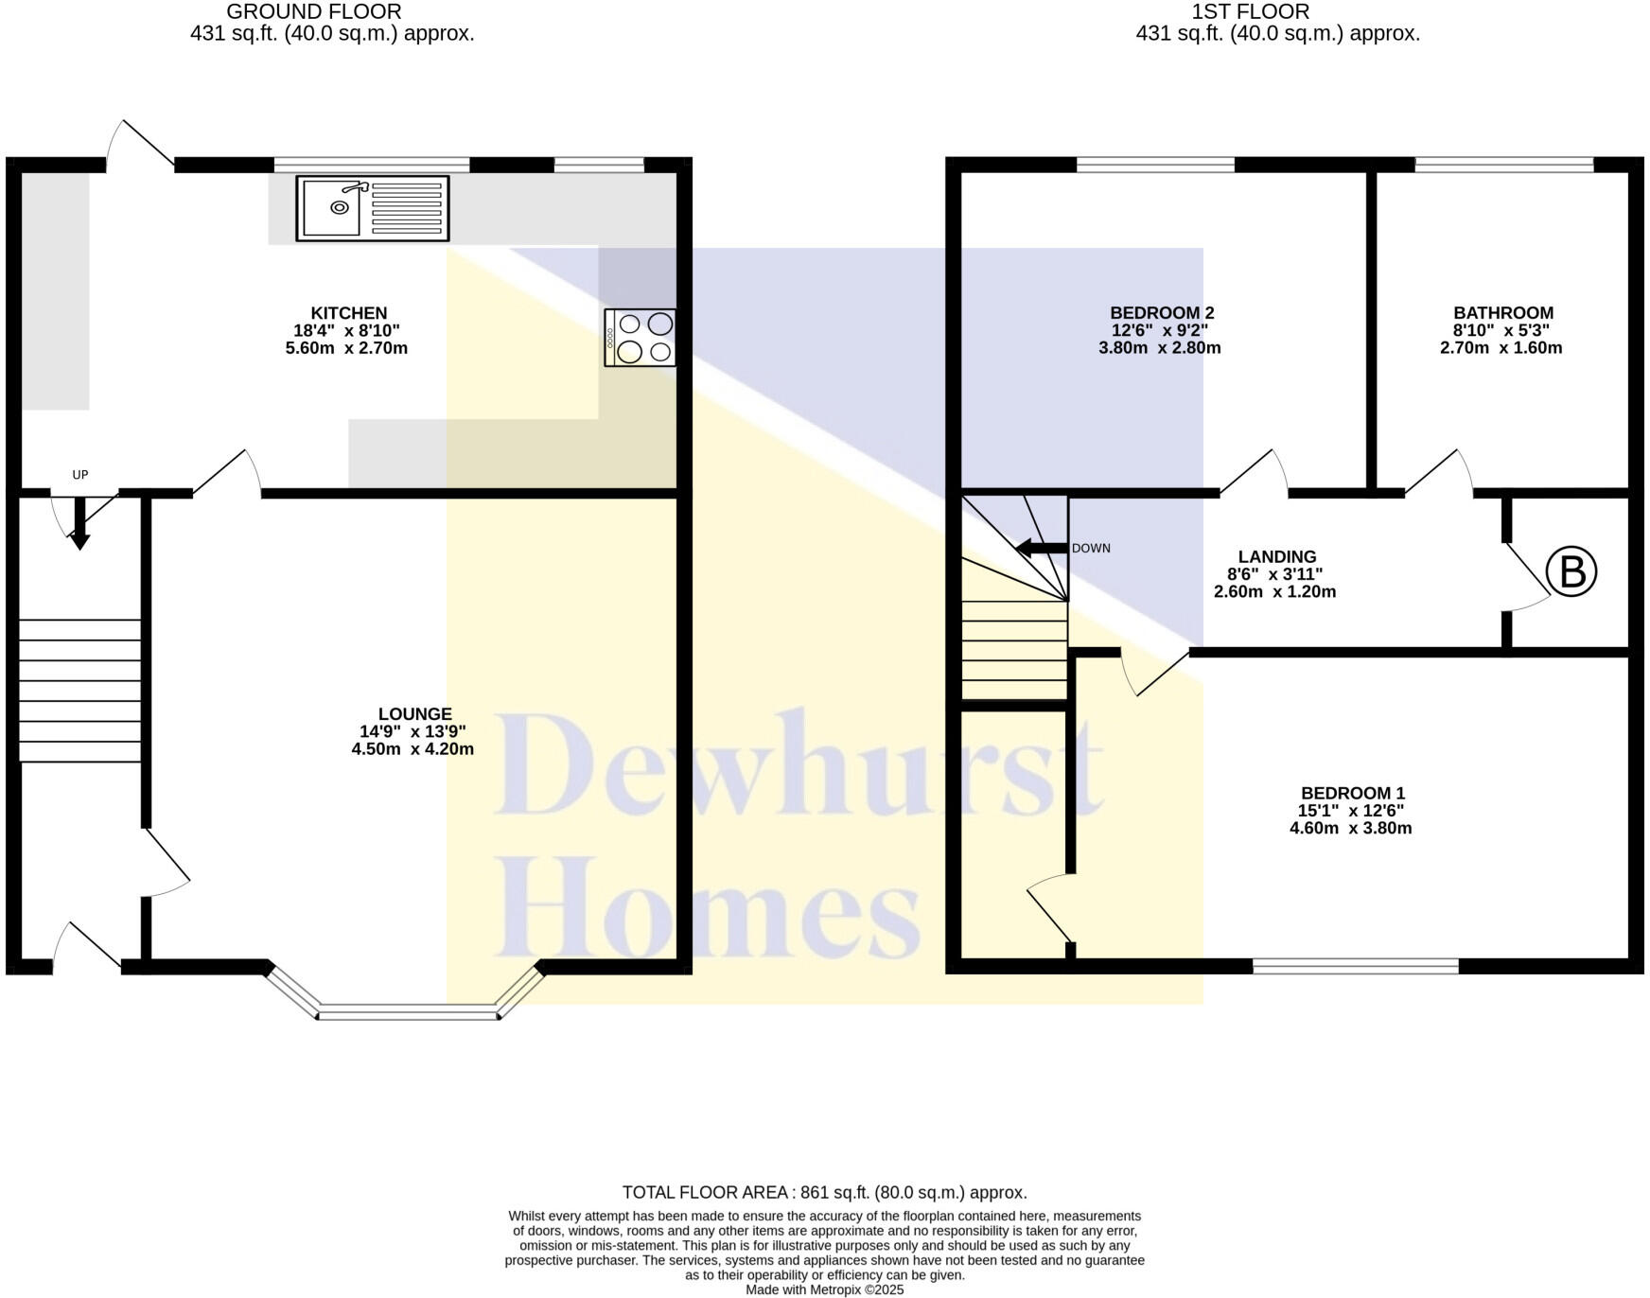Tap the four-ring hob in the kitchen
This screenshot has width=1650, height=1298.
point(641,338)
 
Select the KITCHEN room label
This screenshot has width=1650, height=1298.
point(349,313)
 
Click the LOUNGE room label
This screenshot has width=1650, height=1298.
point(414,714)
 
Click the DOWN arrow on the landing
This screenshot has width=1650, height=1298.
point(1041,548)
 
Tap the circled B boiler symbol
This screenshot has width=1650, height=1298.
point(1571,572)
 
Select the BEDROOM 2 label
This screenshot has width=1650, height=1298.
point(1161,313)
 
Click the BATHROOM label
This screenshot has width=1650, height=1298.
point(1502,313)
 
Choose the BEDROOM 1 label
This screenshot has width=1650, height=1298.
point(1352,794)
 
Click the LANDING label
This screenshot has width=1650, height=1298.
point(1276,557)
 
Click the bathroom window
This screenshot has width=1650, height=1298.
point(1503,165)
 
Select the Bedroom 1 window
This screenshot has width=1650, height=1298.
point(1355,966)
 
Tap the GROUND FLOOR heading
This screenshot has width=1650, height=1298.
point(313,12)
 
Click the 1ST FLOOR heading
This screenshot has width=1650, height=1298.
point(1250,12)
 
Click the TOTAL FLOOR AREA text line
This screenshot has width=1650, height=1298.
point(824,1192)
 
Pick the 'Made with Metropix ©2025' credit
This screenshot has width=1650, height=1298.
point(824,1289)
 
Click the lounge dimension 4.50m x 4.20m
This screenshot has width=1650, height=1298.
point(412,749)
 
